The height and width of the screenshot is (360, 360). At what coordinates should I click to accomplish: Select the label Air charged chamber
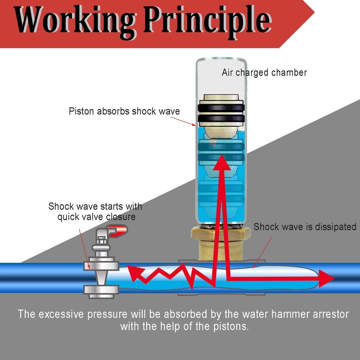[x=264, y=73]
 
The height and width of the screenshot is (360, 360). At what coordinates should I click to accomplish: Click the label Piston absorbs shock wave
[x=124, y=111]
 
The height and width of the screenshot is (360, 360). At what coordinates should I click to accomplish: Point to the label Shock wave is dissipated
[x=305, y=227]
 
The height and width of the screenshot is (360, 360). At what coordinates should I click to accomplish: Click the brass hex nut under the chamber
[x=221, y=234]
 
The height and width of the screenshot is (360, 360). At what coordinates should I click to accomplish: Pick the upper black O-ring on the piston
[x=221, y=108]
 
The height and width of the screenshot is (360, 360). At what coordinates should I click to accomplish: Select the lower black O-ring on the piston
[x=221, y=118]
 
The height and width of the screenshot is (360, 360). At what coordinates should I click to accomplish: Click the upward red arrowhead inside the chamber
[x=221, y=162]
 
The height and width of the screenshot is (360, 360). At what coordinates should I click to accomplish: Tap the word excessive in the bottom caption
[x=61, y=314]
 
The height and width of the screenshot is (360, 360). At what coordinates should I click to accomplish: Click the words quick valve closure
[x=96, y=217]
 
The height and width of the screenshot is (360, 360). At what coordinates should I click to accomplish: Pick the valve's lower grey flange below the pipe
[x=101, y=291]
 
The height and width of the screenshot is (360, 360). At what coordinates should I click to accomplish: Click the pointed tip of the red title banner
[x=314, y=12]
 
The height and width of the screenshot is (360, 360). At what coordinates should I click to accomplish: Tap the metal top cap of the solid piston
[x=221, y=97]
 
